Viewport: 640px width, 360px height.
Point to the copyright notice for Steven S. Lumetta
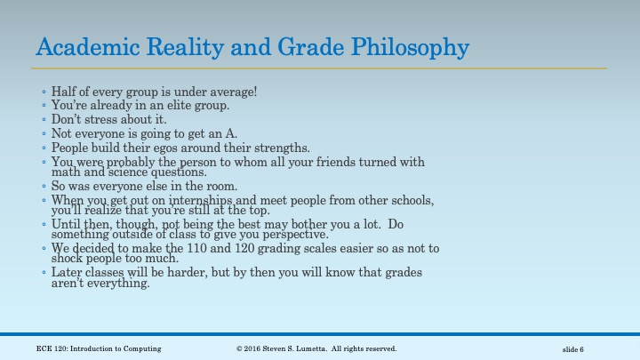point(316,348)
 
